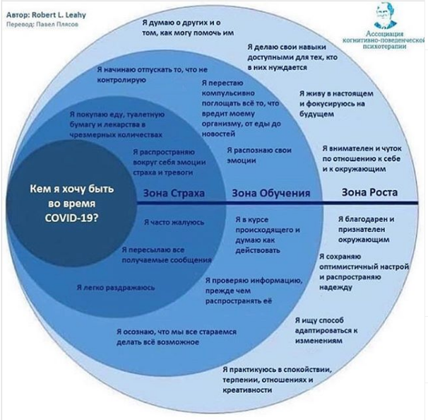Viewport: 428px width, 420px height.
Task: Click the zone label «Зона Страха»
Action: (174, 193)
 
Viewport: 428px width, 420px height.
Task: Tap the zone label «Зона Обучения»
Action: (271, 193)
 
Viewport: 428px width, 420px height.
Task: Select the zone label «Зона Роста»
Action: (369, 192)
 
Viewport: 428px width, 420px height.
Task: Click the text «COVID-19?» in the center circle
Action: (71, 218)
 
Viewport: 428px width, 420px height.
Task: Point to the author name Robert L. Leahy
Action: (59, 15)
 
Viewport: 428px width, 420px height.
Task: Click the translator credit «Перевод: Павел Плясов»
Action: (42, 24)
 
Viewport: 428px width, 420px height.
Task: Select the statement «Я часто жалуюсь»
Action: (174, 222)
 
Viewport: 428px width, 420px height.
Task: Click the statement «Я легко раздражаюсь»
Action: (116, 288)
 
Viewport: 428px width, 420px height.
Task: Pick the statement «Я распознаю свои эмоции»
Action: (259, 156)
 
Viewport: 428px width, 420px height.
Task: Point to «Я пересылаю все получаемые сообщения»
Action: (167, 255)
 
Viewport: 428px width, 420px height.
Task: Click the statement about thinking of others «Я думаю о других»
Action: (188, 28)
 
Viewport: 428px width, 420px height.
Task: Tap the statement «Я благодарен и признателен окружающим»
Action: (366, 229)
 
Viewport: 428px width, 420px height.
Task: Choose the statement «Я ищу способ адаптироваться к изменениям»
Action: (326, 330)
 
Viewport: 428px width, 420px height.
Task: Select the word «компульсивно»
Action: (228, 93)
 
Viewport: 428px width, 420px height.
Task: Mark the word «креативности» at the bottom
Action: (247, 390)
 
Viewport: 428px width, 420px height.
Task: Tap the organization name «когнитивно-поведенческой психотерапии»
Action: (384, 43)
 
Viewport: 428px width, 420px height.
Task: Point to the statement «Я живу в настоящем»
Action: (336, 93)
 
